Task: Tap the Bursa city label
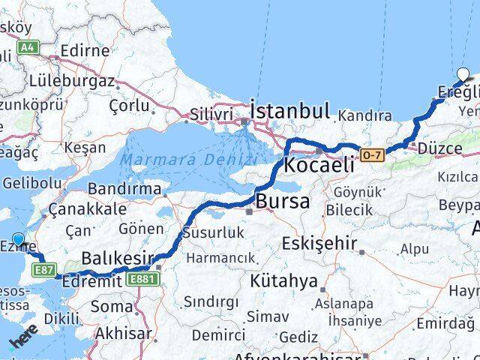[283, 201]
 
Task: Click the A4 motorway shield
[28, 47]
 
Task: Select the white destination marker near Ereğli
[464, 76]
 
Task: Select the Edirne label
[84, 51]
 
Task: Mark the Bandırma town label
[124, 188]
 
